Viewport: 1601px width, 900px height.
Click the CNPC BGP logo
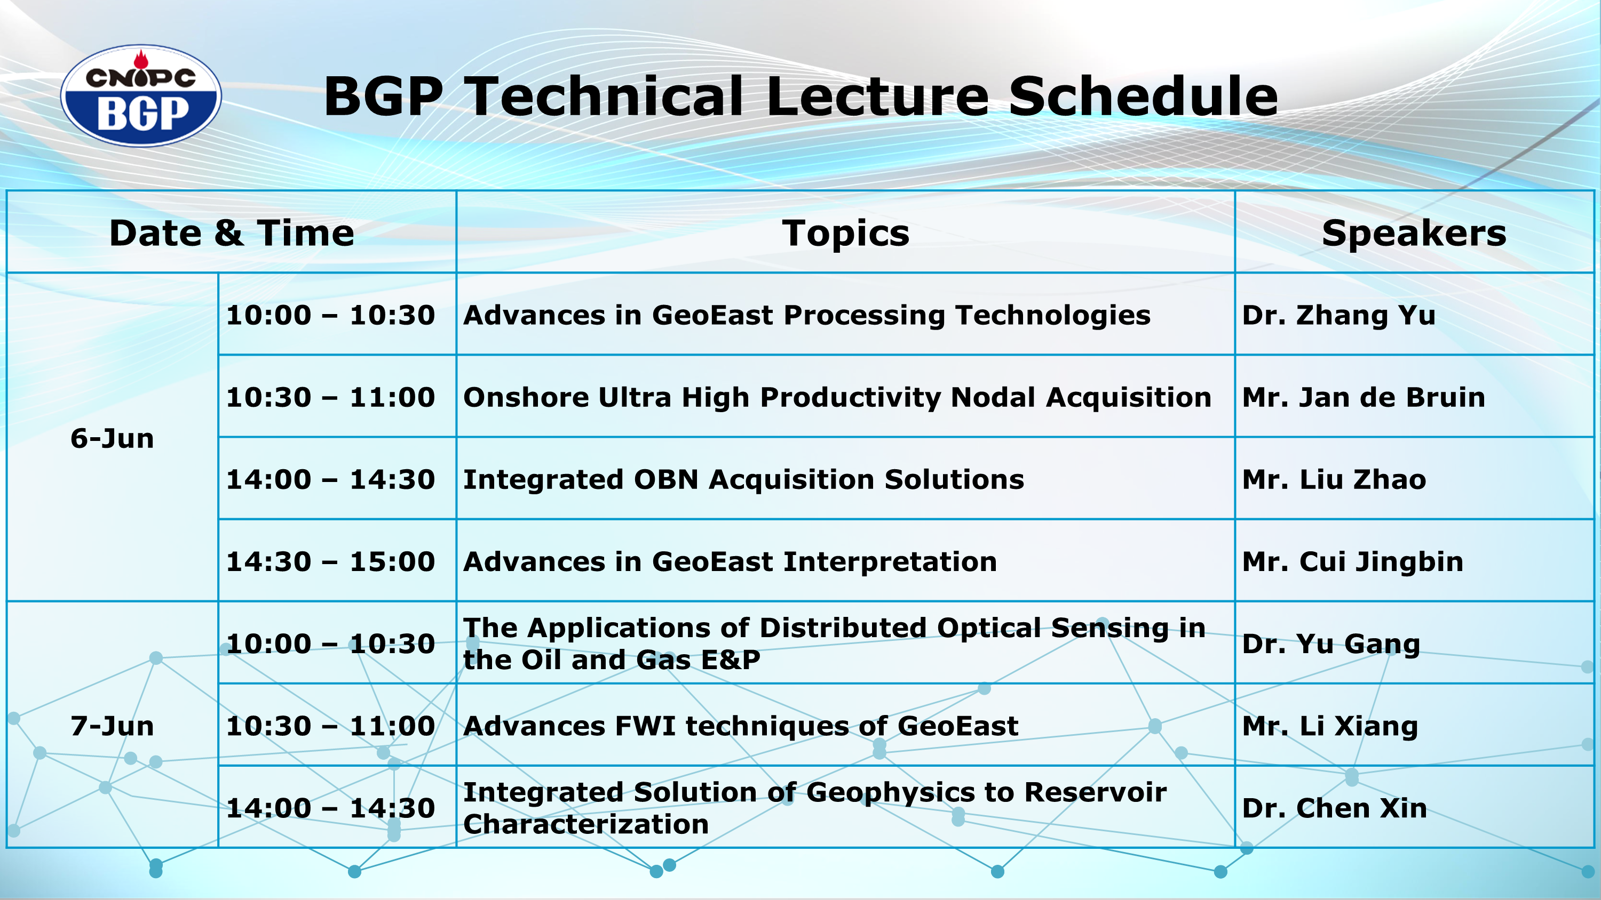click(141, 95)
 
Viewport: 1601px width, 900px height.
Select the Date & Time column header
click(232, 233)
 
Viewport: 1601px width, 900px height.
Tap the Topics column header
click(846, 234)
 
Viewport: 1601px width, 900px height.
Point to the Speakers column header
click(1414, 234)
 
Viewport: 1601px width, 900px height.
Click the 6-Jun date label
click(112, 438)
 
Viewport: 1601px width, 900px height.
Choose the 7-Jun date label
click(112, 726)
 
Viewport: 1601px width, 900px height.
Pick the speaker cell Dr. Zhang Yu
click(1339, 316)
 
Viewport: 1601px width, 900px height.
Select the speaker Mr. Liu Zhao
click(1334, 479)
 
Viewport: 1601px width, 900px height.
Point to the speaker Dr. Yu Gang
click(1331, 645)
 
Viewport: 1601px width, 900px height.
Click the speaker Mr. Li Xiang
click(1330, 727)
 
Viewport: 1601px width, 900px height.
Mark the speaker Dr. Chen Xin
click(1334, 808)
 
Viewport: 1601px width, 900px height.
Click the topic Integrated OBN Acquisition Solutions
click(744, 480)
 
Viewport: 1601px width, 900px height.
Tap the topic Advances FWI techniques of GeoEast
click(741, 727)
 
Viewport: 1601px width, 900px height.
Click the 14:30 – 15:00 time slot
click(330, 561)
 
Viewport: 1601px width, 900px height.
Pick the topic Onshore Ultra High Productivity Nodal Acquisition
click(837, 398)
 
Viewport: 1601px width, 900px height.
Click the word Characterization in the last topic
click(586, 824)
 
